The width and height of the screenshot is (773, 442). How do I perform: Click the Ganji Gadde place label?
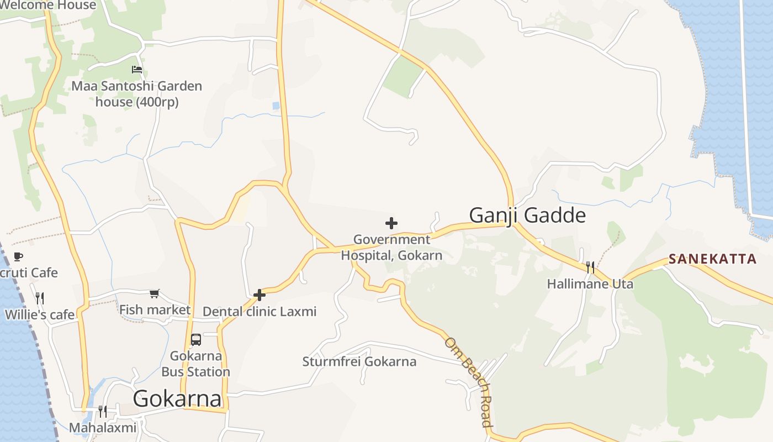[x=527, y=215]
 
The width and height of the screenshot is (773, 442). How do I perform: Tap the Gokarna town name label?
[x=177, y=398]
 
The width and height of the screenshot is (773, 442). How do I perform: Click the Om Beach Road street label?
[x=469, y=382]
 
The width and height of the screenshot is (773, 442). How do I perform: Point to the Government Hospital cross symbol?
[x=391, y=223]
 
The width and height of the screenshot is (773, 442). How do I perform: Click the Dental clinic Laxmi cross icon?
[x=260, y=295]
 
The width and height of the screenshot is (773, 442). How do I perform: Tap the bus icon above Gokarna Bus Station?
[x=196, y=339]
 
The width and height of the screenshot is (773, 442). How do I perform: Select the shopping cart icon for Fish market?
[x=155, y=293]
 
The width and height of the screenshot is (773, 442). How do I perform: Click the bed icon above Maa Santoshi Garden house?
[x=137, y=70]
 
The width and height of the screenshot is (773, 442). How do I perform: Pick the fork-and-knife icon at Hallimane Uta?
[x=590, y=267]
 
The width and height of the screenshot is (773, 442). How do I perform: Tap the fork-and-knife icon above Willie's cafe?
[x=40, y=298]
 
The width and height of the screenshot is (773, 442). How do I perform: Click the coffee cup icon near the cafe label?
[x=18, y=256]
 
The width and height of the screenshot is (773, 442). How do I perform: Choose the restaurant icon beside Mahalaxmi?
[x=102, y=411]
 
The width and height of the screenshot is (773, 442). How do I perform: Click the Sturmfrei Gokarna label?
[x=359, y=362]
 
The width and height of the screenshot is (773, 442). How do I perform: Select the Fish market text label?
[x=155, y=309]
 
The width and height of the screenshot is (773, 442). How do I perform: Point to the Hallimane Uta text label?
[x=590, y=284]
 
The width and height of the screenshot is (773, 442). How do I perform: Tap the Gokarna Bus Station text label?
[x=195, y=364]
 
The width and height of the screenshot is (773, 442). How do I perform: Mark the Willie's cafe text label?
[x=40, y=315]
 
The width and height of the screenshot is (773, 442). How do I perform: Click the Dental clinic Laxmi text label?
[x=260, y=312]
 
